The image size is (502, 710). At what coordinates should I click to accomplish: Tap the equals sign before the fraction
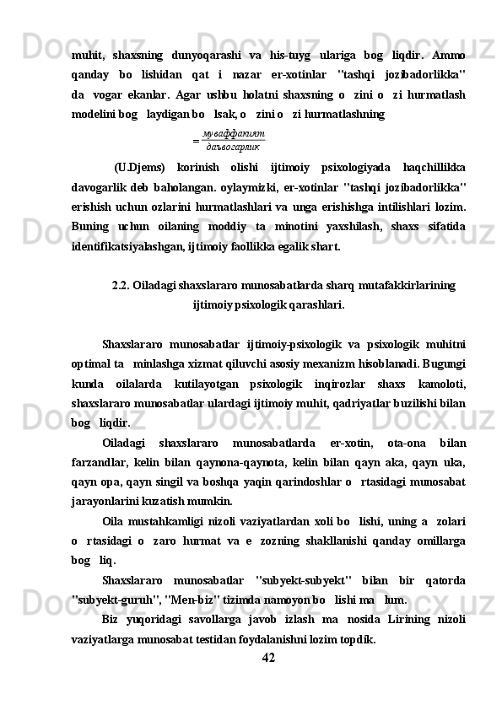click(x=195, y=141)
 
